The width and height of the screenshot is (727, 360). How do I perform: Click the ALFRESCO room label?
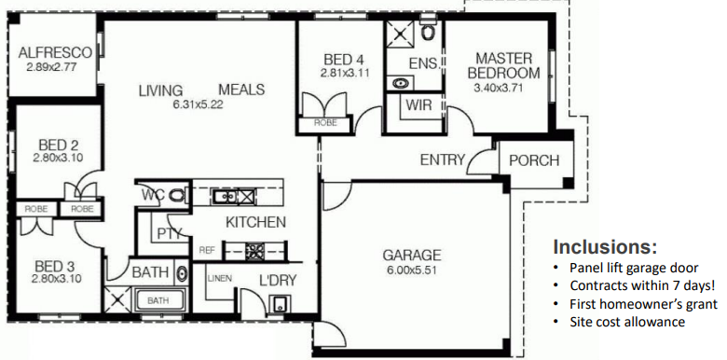pyautogui.click(x=55, y=52)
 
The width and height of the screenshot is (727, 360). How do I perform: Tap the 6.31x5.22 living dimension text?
pyautogui.click(x=198, y=104)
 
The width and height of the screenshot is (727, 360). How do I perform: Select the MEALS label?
pyautogui.click(x=241, y=90)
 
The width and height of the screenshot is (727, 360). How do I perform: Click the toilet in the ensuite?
pyautogui.click(x=428, y=31)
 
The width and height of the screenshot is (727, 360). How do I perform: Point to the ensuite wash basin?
pyautogui.click(x=399, y=83)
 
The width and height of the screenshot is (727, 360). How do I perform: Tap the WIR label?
pyautogui.click(x=418, y=104)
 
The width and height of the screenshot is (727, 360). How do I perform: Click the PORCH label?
pyautogui.click(x=534, y=160)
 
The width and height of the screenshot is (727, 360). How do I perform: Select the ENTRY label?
pyautogui.click(x=443, y=160)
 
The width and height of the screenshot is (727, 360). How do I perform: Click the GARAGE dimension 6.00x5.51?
pyautogui.click(x=412, y=270)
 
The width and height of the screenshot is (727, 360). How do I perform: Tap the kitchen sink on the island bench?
pyautogui.click(x=224, y=197)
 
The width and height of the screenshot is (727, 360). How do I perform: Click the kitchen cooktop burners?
pyautogui.click(x=254, y=252)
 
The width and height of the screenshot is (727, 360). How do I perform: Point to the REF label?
pyautogui.click(x=207, y=250)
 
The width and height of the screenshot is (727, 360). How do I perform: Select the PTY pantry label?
pyautogui.click(x=169, y=233)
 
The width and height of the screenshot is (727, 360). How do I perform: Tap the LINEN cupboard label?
pyautogui.click(x=220, y=278)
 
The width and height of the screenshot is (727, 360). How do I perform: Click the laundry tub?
pyautogui.click(x=280, y=304)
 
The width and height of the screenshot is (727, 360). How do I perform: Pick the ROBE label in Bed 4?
pyautogui.click(x=325, y=123)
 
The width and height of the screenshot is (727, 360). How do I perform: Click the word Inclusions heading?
pyautogui.click(x=605, y=247)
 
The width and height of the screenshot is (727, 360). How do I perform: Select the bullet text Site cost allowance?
pyautogui.click(x=627, y=322)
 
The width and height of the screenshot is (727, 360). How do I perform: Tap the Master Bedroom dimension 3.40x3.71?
pyautogui.click(x=498, y=88)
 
